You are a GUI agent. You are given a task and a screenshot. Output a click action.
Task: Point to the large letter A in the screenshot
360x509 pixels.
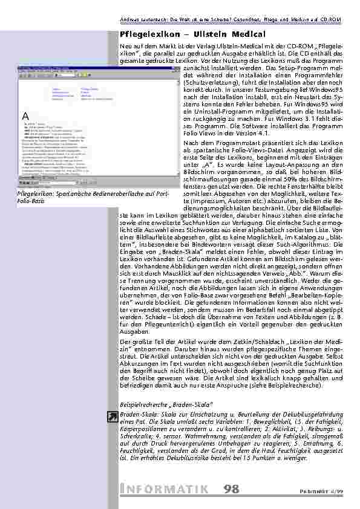25,115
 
